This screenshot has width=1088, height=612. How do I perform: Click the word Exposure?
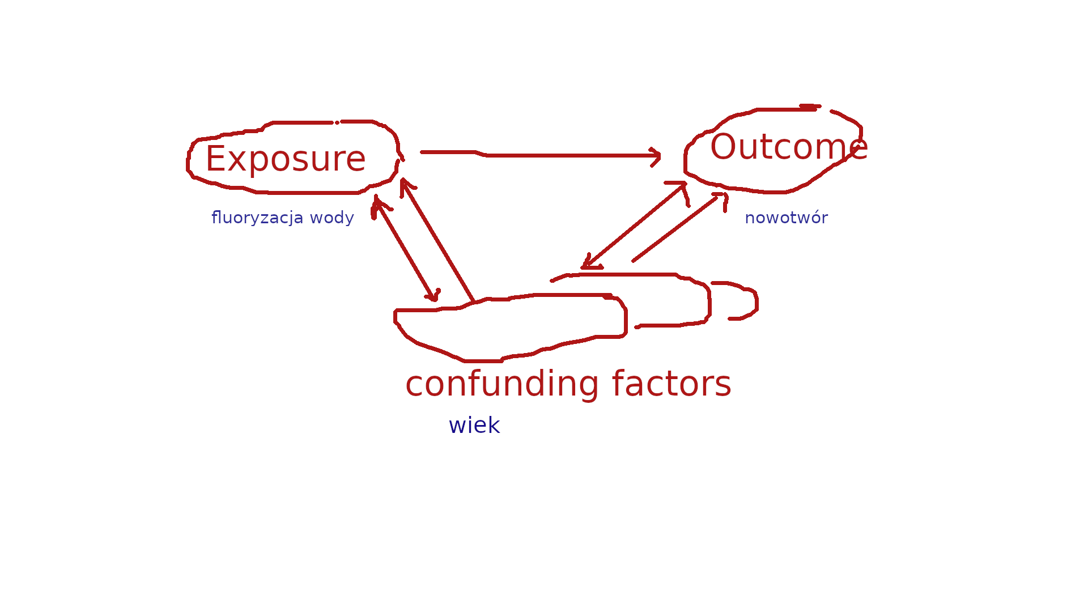[x=286, y=159]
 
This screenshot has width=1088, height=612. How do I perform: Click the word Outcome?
[x=789, y=147]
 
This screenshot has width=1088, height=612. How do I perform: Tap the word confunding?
[x=502, y=385]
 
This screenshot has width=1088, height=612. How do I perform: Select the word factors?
[x=671, y=384]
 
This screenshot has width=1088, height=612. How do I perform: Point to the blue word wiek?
[x=474, y=426]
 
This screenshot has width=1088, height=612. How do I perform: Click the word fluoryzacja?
[x=257, y=218]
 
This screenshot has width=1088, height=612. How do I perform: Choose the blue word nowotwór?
[x=786, y=218]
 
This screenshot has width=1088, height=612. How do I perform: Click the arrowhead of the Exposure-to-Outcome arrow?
[x=656, y=156]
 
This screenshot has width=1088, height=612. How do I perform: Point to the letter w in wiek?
[x=457, y=426]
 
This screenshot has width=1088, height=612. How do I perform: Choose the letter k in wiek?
[x=494, y=425]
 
